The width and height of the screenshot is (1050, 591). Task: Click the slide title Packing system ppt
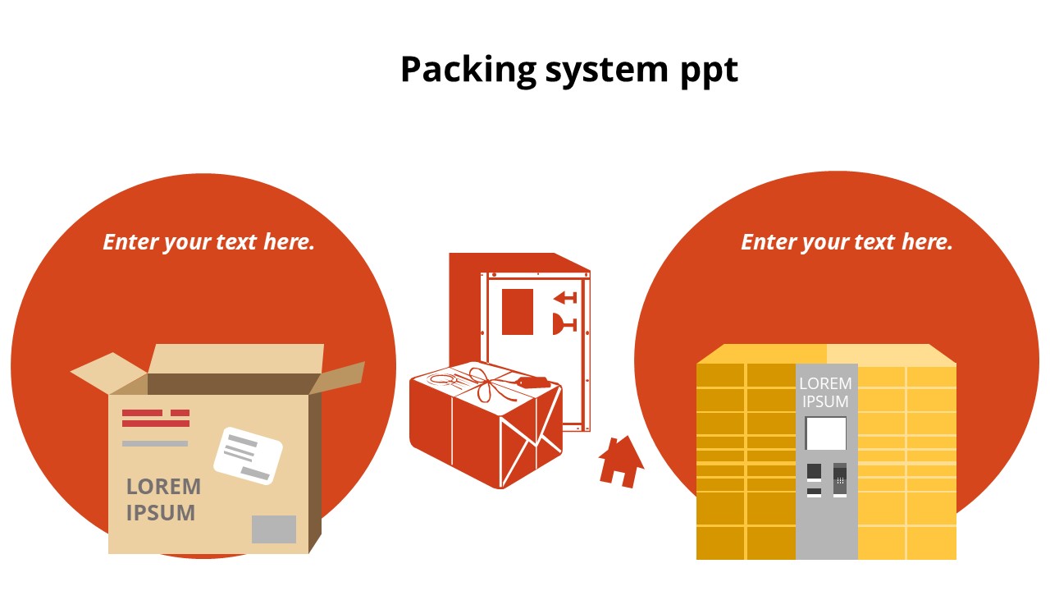coord(568,69)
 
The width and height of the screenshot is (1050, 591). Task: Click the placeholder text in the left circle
coord(208,242)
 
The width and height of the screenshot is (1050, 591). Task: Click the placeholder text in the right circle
coord(847,242)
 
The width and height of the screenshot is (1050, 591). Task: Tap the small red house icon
coord(621,461)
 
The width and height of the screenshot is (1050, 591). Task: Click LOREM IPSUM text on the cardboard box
coord(163,499)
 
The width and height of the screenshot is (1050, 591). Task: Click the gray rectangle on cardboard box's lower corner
coord(273,529)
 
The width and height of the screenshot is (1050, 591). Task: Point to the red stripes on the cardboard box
coord(156,418)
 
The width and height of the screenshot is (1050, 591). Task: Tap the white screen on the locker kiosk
coord(826,433)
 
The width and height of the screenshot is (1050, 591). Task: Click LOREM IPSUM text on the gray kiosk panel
coord(825,392)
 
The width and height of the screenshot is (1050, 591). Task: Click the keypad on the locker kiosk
coord(840,479)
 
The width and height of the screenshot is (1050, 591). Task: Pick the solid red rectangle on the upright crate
coord(517,312)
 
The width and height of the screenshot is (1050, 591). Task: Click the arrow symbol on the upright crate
coord(564,297)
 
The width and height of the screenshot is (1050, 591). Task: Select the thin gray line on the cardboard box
coord(155,443)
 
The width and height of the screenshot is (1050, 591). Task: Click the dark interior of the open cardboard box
coord(230,384)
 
